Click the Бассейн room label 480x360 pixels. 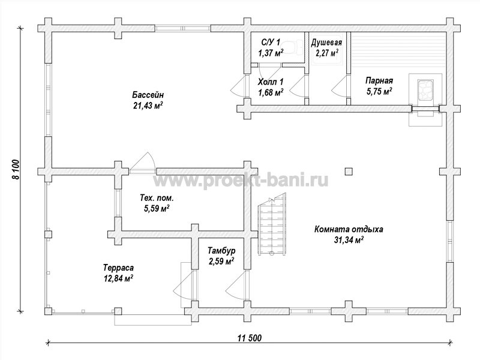pyautogui.click(x=148, y=94)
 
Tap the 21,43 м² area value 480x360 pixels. pyautogui.click(x=148, y=106)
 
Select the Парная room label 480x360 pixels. pyautogui.click(x=379, y=81)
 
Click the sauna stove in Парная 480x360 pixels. pyautogui.click(x=425, y=89)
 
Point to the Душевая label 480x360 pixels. pyautogui.click(x=326, y=43)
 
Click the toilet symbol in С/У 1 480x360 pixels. pyautogui.click(x=293, y=47)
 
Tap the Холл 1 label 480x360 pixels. pyautogui.click(x=271, y=82)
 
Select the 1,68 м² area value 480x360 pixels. pyautogui.click(x=271, y=92)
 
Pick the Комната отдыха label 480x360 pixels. pyautogui.click(x=349, y=229)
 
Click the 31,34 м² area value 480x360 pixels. pyautogui.click(x=349, y=240)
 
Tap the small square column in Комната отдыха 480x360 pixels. pyautogui.click(x=349, y=171)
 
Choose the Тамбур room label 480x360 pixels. pyautogui.click(x=221, y=251)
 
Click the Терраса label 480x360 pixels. pyautogui.click(x=118, y=268)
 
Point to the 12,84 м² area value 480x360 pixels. pyautogui.click(x=118, y=278)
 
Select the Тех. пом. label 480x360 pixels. pyautogui.click(x=157, y=198)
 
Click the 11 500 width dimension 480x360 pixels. pyautogui.click(x=250, y=338)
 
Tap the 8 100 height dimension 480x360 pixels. pyautogui.click(x=16, y=169)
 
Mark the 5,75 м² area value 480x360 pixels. pyautogui.click(x=380, y=91)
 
